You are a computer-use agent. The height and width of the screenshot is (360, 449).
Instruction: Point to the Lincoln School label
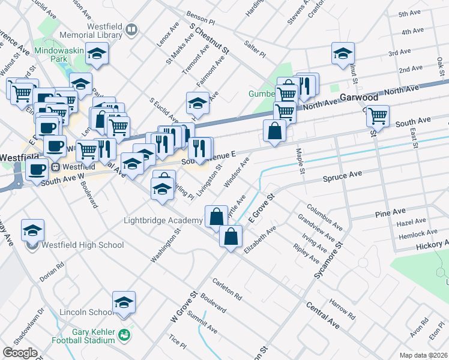86,312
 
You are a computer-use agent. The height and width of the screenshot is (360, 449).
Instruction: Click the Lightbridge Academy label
163,220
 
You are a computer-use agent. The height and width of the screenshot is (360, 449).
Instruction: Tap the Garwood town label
358,97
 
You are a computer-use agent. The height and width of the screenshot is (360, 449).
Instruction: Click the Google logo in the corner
19,353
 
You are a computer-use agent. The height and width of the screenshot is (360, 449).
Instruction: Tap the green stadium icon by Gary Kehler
124,334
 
